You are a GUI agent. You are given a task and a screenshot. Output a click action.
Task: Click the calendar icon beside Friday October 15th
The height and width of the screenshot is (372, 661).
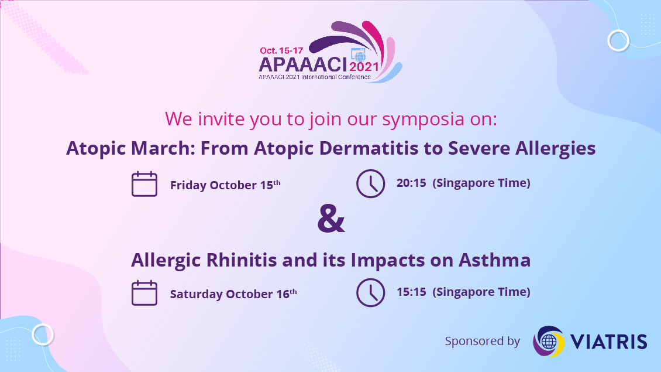point(144,184)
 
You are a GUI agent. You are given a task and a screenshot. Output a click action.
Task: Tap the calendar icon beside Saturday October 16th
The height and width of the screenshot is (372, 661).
point(144,293)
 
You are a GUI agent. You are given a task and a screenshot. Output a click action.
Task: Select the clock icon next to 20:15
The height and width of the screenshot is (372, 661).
point(370,184)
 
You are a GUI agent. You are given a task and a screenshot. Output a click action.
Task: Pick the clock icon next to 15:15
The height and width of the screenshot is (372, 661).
point(370,292)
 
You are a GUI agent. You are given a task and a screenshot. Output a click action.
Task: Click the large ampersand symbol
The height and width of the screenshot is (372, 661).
point(331,219)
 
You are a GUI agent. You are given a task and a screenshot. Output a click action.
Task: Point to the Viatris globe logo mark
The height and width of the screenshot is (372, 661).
point(549,341)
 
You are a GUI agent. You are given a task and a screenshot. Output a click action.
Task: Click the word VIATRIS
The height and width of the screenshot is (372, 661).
point(609,342)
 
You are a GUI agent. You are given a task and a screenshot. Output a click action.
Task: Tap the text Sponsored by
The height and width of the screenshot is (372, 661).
point(482,341)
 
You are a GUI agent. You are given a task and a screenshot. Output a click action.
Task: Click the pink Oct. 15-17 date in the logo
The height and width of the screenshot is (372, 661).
point(281,50)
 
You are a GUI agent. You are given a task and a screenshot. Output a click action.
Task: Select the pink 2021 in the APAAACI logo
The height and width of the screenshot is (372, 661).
point(364,67)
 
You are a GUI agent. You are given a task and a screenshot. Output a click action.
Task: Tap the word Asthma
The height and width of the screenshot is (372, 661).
point(494,260)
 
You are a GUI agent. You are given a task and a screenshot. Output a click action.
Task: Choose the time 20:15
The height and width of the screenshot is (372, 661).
point(411,183)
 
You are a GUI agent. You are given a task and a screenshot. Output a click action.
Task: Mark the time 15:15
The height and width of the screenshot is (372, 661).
point(411,292)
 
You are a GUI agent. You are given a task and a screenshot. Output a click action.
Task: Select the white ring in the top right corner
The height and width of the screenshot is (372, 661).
point(618,40)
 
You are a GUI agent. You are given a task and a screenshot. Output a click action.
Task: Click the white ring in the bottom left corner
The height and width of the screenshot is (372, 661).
point(43,335)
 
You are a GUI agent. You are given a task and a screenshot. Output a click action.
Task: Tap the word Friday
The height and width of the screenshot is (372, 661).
point(188,185)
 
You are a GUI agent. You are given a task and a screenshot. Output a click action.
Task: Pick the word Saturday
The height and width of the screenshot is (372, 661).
point(196,294)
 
